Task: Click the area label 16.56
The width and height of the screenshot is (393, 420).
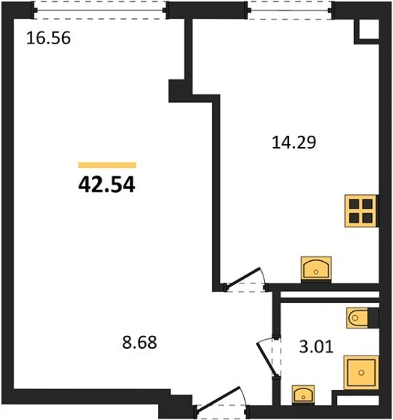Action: [x=49, y=37]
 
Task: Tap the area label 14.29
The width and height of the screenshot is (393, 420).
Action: [x=293, y=142]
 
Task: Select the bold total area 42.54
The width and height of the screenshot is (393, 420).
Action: [x=106, y=185]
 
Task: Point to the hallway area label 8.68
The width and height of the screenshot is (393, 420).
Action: [x=139, y=342]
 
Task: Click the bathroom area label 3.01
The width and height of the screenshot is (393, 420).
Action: [x=316, y=346]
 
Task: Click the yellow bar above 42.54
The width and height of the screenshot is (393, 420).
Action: [x=107, y=165]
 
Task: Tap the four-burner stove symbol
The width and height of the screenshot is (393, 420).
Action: [x=361, y=211]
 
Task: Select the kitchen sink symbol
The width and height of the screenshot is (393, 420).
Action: [x=316, y=269]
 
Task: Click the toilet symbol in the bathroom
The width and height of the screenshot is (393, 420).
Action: [x=357, y=318]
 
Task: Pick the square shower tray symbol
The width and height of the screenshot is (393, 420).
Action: [x=362, y=373]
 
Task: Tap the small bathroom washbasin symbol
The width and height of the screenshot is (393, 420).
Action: [x=303, y=394]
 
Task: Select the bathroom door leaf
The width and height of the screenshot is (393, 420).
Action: [x=266, y=359]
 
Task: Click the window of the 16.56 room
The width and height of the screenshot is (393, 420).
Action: [x=100, y=10]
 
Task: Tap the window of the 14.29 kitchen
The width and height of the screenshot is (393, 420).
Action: [x=290, y=10]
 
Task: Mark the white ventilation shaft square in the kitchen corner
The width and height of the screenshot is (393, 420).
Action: [x=368, y=29]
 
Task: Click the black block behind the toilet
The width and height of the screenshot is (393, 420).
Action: [x=374, y=318]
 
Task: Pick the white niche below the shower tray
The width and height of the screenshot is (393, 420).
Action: [x=358, y=400]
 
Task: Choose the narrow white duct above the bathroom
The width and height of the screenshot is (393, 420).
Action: [x=329, y=294]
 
